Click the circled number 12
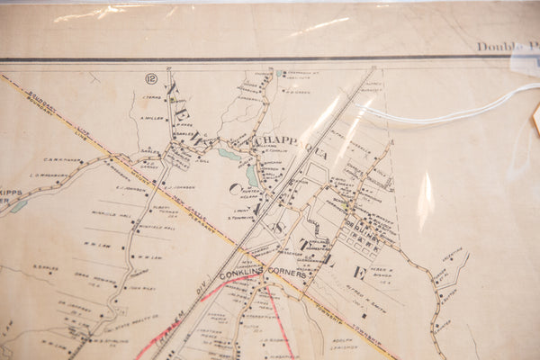[150, 79]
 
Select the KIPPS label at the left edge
[10, 192]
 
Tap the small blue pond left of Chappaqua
[229, 154]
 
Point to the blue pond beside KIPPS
[18, 206]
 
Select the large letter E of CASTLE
[359, 270]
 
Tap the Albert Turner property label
[163, 209]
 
